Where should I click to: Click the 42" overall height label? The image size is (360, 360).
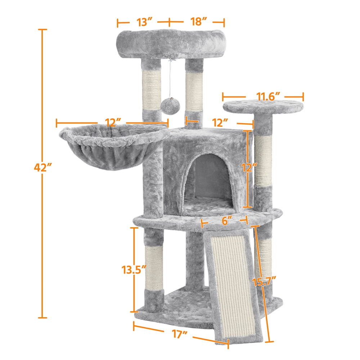click(43, 167)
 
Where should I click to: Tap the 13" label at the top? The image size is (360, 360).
click(145, 22)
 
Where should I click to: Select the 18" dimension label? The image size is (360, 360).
click(199, 22)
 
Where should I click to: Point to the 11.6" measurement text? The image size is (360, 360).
click(268, 96)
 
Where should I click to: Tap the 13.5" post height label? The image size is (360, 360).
click(134, 270)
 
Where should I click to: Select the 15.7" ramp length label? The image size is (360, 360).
click(264, 282)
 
